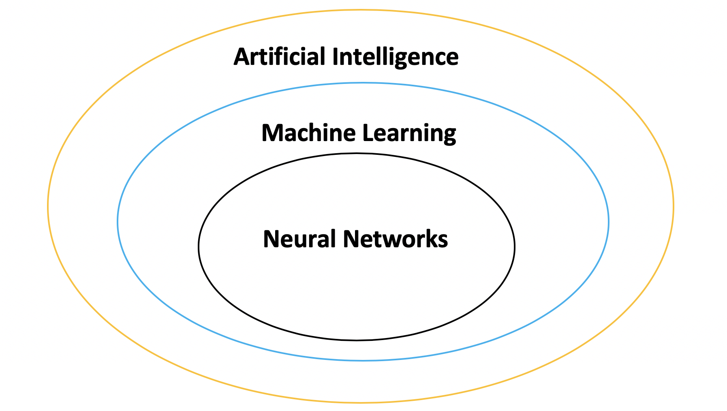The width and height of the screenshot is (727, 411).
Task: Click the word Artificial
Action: pyautogui.click(x=279, y=56)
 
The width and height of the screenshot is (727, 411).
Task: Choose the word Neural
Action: pyautogui.click(x=299, y=239)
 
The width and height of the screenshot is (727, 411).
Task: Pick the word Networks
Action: pyautogui.click(x=396, y=239)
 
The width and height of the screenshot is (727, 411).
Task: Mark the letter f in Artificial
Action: pyautogui.click(x=277, y=56)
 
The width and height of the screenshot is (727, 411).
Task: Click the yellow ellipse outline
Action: pyautogui.click(x=48, y=206)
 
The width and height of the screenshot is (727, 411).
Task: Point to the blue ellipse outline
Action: pyautogui.click(x=118, y=222)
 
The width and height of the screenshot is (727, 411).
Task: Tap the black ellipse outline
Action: pyautogui.click(x=199, y=246)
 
